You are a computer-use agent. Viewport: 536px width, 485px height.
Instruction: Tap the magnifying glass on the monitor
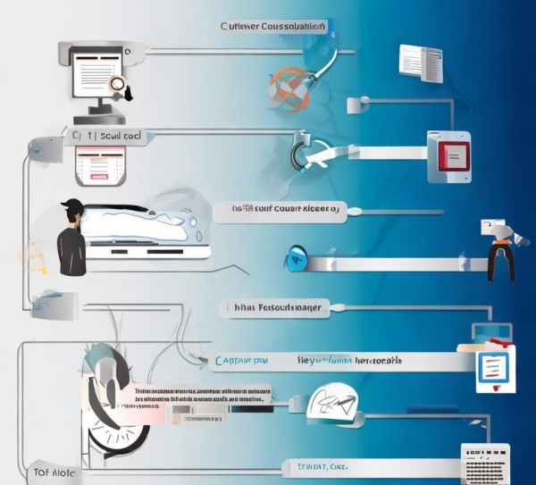116,85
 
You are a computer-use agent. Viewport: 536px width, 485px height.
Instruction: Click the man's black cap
71,207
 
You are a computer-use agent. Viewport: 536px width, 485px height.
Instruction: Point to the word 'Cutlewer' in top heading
241,27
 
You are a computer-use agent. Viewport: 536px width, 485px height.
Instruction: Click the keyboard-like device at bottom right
485,463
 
